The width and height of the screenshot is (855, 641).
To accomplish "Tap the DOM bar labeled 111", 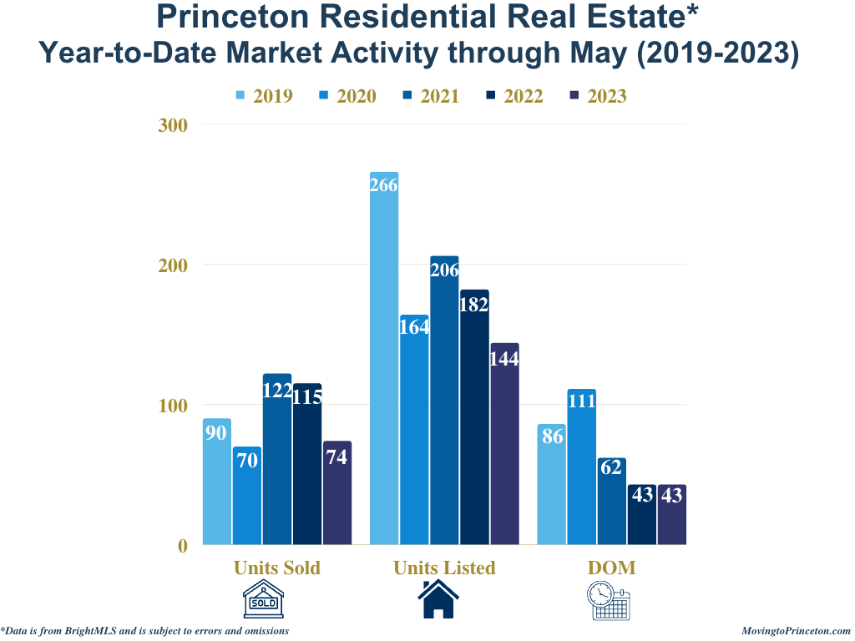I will click(581, 467).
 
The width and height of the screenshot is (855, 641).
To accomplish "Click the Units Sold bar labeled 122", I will click(277, 459).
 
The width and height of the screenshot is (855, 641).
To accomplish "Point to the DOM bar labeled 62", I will click(611, 502).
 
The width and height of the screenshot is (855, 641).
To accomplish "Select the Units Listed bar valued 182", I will click(474, 417).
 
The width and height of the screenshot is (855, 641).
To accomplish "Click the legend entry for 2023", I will click(597, 96).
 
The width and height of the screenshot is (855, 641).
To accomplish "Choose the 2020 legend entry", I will click(347, 96).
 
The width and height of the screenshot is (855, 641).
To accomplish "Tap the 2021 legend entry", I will click(430, 96).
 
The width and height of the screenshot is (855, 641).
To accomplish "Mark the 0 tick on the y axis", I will click(182, 546).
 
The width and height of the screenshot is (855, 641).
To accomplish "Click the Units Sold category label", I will click(277, 568).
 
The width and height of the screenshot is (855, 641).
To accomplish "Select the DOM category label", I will click(611, 568).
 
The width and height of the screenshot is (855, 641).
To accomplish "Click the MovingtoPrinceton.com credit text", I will click(796, 632).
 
